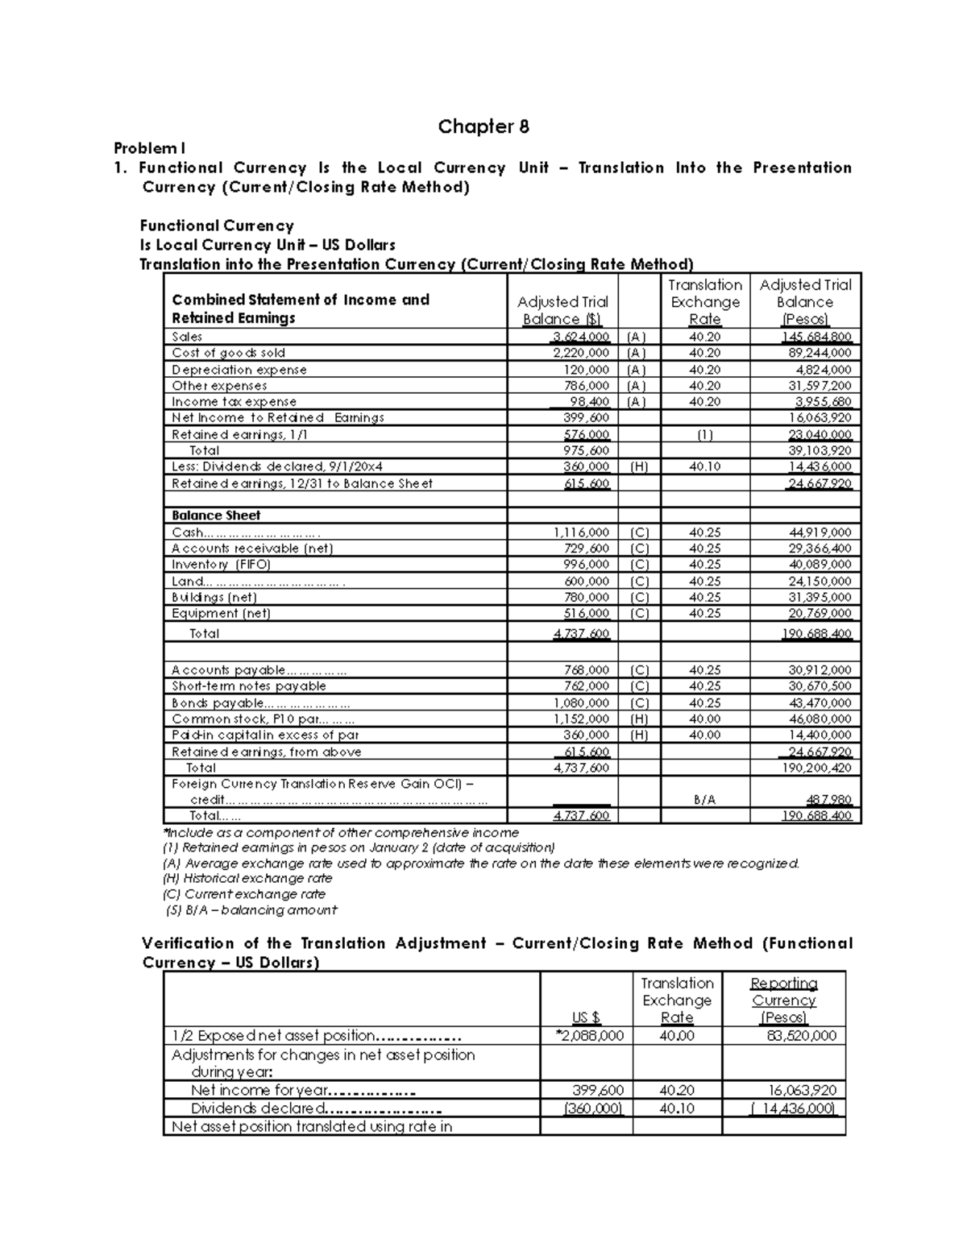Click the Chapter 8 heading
click(483, 126)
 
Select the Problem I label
click(149, 148)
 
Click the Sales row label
click(187, 337)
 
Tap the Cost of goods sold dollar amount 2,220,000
click(581, 353)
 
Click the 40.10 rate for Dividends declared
click(705, 466)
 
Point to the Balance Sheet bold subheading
click(216, 516)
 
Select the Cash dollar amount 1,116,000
click(581, 532)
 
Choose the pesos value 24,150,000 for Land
click(819, 582)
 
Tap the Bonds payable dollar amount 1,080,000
click(581, 703)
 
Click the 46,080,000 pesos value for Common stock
click(819, 719)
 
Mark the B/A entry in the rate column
click(704, 801)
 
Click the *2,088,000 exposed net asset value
click(589, 1036)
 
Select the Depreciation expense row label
click(239, 370)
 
